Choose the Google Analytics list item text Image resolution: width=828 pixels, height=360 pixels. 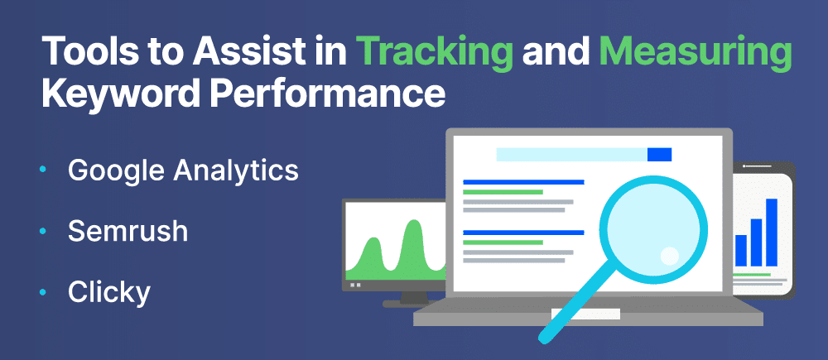pos(183,172)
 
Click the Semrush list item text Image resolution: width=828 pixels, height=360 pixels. pos(128,231)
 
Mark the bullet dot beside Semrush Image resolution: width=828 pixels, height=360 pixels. pos(43,231)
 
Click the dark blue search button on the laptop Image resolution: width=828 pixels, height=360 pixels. pos(659,154)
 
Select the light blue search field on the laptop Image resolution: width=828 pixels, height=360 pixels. pos(572,154)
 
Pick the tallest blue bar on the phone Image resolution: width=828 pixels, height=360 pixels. pos(772,233)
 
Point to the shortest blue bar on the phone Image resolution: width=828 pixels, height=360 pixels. pos(741,250)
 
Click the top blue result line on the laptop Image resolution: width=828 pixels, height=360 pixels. pos(523,182)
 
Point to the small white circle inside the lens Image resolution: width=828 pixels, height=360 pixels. pos(670,256)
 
